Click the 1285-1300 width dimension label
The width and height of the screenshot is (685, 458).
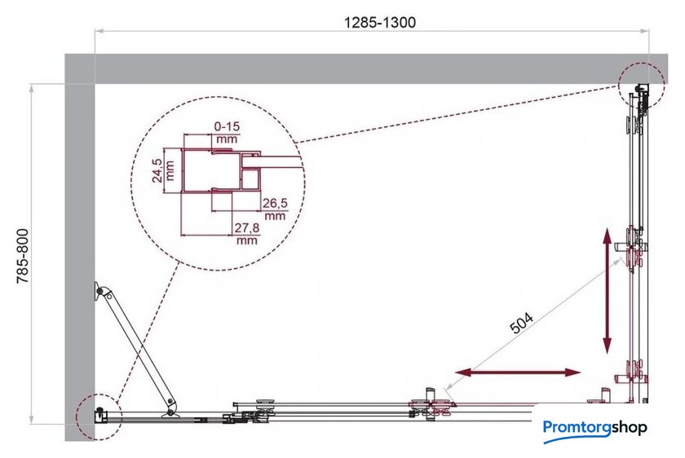(380, 22)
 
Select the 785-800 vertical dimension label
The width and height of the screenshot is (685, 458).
(23, 256)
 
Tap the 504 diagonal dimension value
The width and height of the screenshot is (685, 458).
(523, 323)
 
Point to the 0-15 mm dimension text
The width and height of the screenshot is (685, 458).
(228, 133)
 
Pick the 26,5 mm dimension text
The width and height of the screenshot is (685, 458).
(276, 209)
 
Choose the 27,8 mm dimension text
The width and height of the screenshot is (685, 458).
(247, 234)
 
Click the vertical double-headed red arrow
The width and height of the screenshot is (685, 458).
(608, 291)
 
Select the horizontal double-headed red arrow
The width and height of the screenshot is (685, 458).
(518, 372)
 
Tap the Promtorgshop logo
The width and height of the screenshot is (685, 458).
(595, 429)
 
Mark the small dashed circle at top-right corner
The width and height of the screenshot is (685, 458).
(641, 85)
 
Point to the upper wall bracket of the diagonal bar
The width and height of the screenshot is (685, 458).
(100, 291)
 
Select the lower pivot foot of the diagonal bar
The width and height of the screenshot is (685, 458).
(170, 411)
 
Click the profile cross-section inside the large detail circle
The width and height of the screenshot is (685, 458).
(221, 172)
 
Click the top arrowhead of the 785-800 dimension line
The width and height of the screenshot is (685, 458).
(32, 88)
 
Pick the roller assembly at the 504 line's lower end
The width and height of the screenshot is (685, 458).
(431, 404)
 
